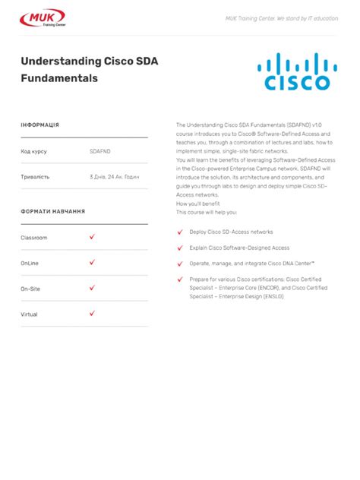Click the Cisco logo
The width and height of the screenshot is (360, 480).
(x=297, y=71)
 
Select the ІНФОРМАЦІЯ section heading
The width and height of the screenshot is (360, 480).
(x=39, y=125)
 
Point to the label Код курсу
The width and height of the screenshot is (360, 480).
(x=33, y=151)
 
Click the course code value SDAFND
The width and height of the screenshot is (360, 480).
(x=99, y=151)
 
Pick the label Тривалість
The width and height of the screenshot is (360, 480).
(x=35, y=177)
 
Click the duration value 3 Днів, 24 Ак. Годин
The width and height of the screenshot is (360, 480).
(x=114, y=177)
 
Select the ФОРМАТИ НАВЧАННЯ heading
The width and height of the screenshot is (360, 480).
(x=52, y=211)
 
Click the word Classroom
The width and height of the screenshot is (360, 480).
(x=34, y=238)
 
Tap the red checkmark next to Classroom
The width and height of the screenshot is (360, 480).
(x=92, y=237)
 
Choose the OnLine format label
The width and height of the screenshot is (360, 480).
(x=30, y=263)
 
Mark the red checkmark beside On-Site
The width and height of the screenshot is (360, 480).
(x=92, y=288)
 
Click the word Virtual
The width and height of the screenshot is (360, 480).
(x=29, y=314)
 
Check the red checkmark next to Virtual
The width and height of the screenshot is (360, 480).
(x=92, y=313)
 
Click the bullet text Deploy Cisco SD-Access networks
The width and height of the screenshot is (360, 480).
(x=231, y=232)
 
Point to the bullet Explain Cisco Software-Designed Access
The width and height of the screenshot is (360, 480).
(x=239, y=248)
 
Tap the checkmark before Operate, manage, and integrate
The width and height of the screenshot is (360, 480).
(x=180, y=263)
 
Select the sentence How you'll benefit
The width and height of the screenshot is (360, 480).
(x=197, y=204)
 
